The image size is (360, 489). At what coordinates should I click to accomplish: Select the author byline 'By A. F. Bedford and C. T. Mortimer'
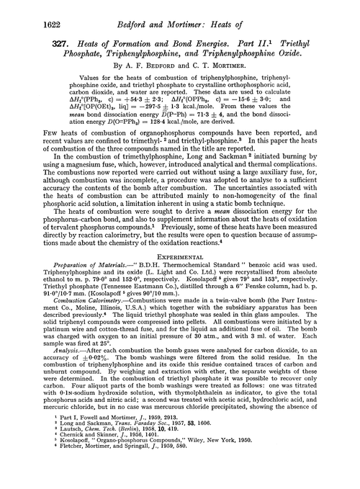coord(180,71)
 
